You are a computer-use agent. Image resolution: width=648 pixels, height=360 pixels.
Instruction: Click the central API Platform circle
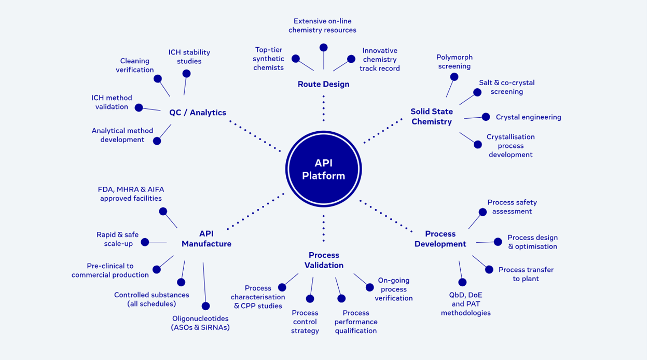click(x=323, y=170)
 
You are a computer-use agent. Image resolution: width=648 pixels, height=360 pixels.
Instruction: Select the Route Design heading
click(x=323, y=84)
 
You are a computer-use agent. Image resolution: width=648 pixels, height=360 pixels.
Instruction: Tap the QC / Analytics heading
click(x=198, y=113)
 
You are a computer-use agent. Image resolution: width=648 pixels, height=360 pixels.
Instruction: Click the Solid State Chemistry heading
click(x=432, y=117)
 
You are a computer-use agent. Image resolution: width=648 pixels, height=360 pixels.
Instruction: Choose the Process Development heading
click(x=440, y=239)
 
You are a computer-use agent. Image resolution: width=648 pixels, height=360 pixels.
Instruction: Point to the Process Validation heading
click(x=324, y=260)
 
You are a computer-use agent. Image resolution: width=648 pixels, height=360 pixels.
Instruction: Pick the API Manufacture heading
click(x=206, y=239)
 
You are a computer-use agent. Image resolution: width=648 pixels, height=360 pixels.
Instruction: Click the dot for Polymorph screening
click(x=454, y=77)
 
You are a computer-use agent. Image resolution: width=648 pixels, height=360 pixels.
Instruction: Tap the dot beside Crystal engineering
click(x=486, y=117)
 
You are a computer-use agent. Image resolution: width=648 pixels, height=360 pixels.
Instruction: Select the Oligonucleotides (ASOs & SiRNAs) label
click(x=200, y=323)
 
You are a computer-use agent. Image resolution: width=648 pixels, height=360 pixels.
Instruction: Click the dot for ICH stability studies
click(x=186, y=74)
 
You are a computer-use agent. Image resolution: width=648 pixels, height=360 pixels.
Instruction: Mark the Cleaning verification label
click(x=135, y=65)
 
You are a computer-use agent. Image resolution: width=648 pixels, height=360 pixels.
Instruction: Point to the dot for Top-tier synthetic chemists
click(x=296, y=59)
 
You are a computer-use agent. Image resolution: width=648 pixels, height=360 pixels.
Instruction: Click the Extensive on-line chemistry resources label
click(x=322, y=25)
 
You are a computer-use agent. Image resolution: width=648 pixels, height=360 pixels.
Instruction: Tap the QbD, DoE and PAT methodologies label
click(x=465, y=303)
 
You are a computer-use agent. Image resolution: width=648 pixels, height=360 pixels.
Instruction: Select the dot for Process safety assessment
click(x=482, y=212)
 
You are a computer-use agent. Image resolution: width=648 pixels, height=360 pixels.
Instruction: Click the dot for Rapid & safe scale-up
click(x=145, y=242)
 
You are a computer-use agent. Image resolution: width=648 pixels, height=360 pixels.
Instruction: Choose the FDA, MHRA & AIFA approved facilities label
click(x=131, y=194)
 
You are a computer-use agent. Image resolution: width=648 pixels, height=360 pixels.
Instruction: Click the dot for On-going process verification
click(x=369, y=287)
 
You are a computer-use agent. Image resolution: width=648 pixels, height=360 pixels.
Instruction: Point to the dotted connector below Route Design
click(x=323, y=108)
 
